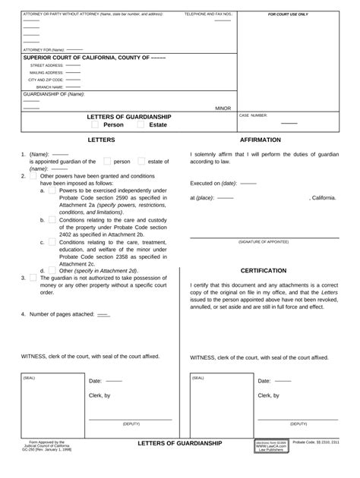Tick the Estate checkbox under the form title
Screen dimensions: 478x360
(141, 125)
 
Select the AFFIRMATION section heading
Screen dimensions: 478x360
(260, 140)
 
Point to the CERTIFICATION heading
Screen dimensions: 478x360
(264, 270)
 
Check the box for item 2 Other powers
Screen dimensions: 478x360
(33, 175)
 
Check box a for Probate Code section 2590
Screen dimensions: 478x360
(52, 190)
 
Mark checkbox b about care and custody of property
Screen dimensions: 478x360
(52, 219)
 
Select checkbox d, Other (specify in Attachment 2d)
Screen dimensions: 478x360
(52, 270)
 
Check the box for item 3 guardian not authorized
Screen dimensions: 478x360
(33, 278)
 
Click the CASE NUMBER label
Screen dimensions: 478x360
(254, 115)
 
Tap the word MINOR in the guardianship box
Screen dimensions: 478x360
(223, 108)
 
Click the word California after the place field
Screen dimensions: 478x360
(323, 197)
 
